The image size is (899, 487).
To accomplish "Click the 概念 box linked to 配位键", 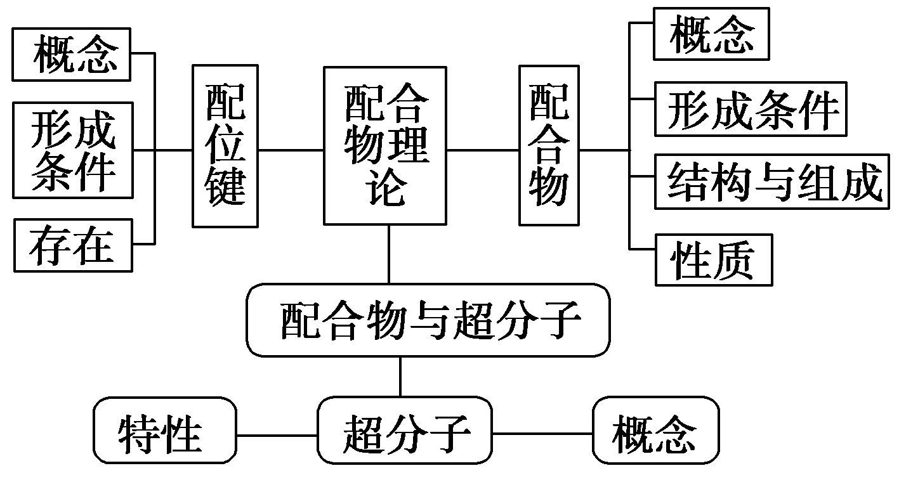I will (72, 55).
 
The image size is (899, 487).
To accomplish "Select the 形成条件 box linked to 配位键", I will (73, 150).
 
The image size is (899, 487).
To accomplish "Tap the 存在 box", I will (72, 245).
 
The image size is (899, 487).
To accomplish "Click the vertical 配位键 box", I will (225, 146).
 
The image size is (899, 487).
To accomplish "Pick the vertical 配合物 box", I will (549, 145).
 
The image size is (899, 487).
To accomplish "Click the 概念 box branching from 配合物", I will (711, 34).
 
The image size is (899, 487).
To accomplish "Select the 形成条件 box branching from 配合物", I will (750, 109).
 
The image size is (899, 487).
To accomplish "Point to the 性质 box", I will (713, 260).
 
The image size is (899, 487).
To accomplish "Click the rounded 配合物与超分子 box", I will (428, 320).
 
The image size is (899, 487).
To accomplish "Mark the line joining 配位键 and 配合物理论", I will (291, 151).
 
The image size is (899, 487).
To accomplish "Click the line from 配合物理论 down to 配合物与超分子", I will (389, 254).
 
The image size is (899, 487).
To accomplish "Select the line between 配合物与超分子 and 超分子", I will (400, 377).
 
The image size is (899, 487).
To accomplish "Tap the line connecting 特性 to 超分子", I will (277, 435).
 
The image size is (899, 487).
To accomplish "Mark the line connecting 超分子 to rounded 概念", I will (542, 434).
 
